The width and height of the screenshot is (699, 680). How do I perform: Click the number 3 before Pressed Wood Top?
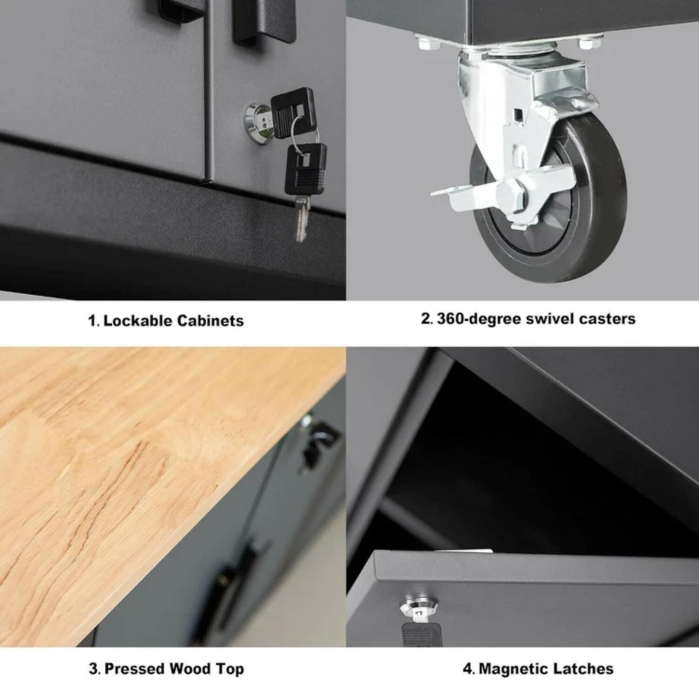tap(93, 669)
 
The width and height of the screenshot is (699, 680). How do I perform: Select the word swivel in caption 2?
tap(549, 319)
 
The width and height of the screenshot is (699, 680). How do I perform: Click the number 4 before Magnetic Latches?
tap(467, 669)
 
